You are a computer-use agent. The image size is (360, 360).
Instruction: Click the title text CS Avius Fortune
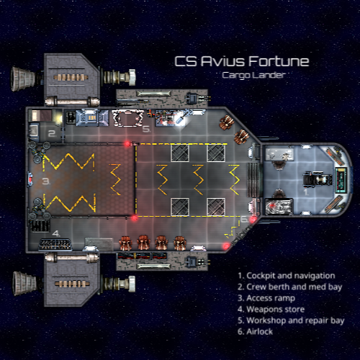242,61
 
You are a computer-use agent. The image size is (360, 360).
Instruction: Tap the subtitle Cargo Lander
253,75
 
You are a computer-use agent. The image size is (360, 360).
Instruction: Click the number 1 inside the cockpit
306,192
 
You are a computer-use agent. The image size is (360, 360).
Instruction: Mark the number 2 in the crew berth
52,133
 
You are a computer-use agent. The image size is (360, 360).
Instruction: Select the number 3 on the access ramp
46,181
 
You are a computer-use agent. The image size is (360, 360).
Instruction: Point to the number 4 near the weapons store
56,233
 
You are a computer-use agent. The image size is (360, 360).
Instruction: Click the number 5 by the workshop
146,129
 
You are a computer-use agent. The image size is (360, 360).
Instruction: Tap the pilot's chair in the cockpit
318,179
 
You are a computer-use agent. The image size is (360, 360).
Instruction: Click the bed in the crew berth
40,115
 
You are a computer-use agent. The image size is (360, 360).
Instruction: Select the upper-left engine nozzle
23,79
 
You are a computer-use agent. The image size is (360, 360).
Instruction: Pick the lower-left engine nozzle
24,284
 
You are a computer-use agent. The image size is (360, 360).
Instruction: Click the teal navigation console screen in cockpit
341,180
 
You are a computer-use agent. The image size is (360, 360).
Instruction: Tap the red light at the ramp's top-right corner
127,144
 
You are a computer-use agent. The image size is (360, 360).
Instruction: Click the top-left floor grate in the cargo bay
180,153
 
